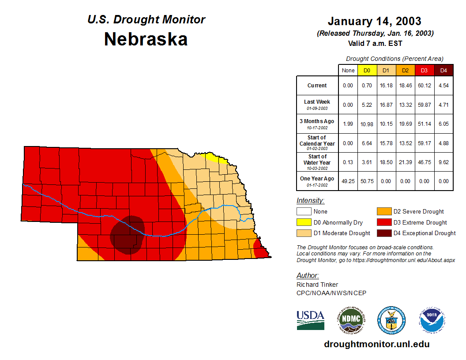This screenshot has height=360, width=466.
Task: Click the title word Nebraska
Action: click(x=146, y=39)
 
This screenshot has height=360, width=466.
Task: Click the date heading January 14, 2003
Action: click(x=374, y=21)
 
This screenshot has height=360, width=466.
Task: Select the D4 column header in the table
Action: click(x=443, y=70)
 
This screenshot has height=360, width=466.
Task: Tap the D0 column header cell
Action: click(x=367, y=70)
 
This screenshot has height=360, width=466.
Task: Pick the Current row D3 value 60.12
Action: click(x=425, y=86)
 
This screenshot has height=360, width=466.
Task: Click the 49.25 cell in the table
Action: click(x=348, y=181)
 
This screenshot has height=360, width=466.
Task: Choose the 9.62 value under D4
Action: click(x=443, y=162)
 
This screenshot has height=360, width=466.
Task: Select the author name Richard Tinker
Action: click(x=317, y=285)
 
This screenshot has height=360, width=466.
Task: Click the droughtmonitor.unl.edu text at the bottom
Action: click(x=376, y=344)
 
